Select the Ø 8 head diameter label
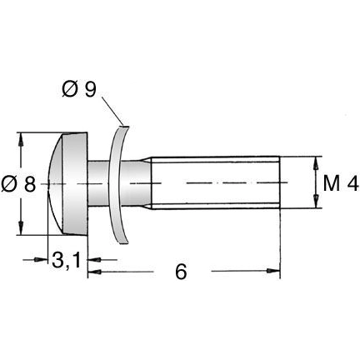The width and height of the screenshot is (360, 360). pos(19,185)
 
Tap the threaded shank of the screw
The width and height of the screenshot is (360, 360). pos(217,182)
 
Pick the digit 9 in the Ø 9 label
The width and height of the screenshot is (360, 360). pos(89,87)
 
